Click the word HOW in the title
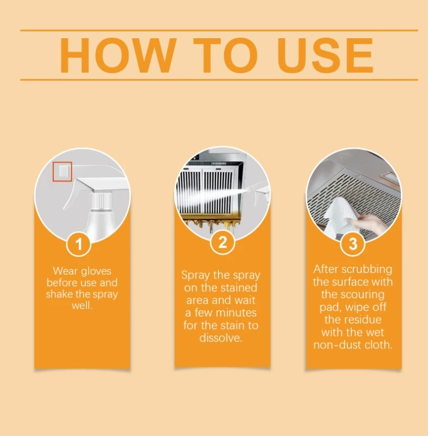(x=119, y=55)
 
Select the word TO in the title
(x=225, y=55)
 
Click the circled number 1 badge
(x=79, y=244)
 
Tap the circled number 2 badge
(x=222, y=242)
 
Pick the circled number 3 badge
(x=353, y=244)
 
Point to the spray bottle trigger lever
(x=73, y=194)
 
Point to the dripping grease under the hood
(x=211, y=224)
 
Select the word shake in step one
(x=58, y=294)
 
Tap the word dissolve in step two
(x=220, y=338)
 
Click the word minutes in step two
(x=236, y=313)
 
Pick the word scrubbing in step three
(x=367, y=270)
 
